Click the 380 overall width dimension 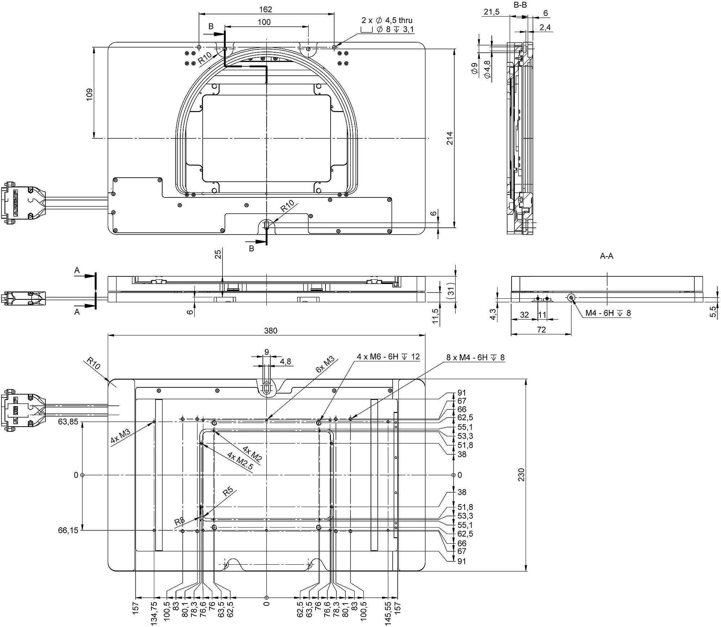click(x=271, y=330)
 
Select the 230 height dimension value click(x=521, y=475)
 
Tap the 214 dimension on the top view click(x=450, y=139)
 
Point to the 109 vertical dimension click(x=89, y=94)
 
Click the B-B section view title click(x=520, y=5)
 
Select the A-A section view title click(x=606, y=256)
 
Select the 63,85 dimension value click(x=68, y=422)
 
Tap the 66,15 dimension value click(x=68, y=530)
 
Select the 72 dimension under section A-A click(x=541, y=330)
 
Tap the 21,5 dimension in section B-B click(x=491, y=12)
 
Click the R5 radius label click(x=228, y=492)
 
